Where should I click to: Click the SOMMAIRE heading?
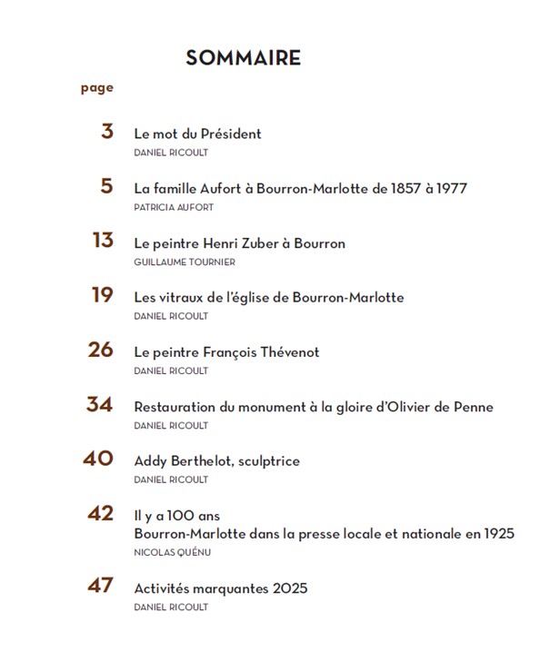pos(243,58)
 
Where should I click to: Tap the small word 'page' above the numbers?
pos(97,88)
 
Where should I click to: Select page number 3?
pos(107,132)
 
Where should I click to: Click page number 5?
pos(107,186)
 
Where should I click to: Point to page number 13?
pos(103,241)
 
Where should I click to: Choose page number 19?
pos(103,295)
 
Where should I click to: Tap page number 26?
pos(100,350)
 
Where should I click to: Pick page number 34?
pos(100,404)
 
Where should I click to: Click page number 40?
pos(98,459)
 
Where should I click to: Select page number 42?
pos(100,513)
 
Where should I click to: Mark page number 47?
pos(100,586)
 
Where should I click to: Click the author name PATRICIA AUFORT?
pos(174,207)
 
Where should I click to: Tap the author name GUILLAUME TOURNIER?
pos(185,262)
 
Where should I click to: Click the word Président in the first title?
pos(231,133)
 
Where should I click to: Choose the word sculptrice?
pos(269,460)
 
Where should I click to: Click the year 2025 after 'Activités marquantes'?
pos(290,588)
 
